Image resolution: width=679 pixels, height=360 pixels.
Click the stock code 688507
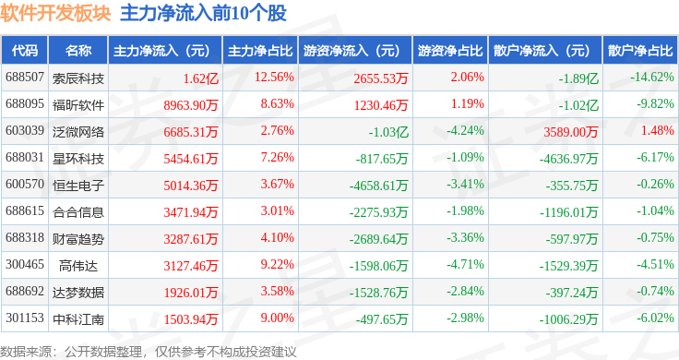(25, 78)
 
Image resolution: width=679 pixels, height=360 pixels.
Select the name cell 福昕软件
(78, 105)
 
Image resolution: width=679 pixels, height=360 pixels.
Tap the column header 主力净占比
(260, 51)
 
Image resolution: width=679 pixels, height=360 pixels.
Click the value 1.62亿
(200, 78)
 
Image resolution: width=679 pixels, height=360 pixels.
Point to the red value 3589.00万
(571, 132)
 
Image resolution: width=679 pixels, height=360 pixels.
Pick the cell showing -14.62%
(652, 78)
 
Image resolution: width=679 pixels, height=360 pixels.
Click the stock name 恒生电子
(78, 186)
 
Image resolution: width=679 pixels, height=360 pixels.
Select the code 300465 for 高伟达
(25, 264)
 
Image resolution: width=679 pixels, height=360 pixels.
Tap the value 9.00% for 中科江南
(277, 318)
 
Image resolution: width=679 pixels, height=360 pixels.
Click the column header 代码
(25, 51)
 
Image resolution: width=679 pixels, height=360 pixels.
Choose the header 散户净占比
(640, 51)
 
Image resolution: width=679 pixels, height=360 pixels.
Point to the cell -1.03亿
(388, 132)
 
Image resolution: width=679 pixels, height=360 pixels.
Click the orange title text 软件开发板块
(55, 14)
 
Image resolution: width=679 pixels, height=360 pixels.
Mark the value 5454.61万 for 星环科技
(191, 159)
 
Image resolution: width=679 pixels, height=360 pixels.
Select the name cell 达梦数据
(78, 293)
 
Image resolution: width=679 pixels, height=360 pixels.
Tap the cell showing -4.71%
(465, 264)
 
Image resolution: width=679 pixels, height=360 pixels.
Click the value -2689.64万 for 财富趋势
(379, 239)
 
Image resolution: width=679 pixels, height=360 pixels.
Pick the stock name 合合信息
(78, 212)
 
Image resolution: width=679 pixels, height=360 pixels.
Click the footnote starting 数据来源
(149, 352)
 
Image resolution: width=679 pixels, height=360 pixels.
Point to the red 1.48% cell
(658, 130)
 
